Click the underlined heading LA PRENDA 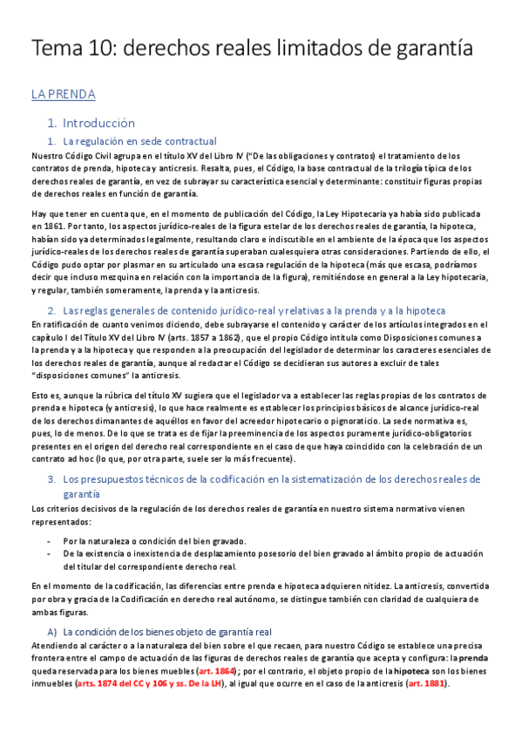(63, 94)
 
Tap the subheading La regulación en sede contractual (139, 141)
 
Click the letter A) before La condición (52, 632)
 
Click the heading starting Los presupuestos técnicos (261, 479)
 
